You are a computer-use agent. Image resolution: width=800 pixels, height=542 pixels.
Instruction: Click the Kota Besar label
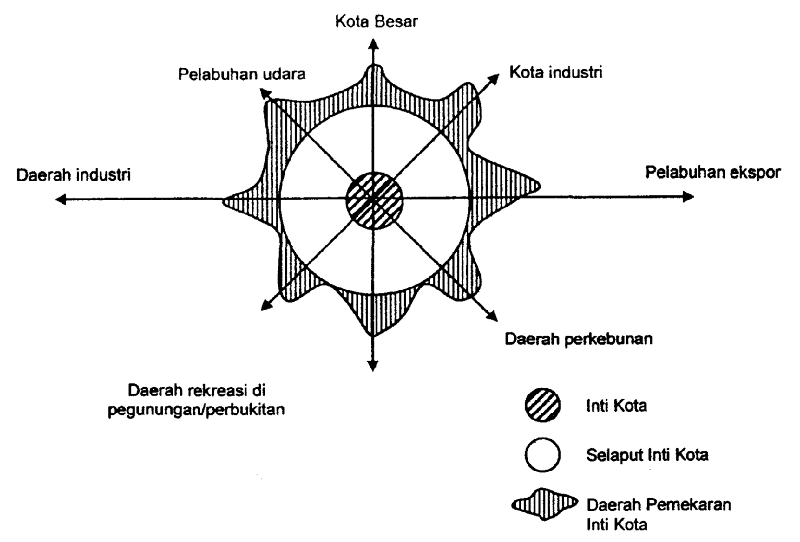(x=376, y=22)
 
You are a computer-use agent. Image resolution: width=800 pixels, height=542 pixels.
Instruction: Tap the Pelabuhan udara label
(x=241, y=74)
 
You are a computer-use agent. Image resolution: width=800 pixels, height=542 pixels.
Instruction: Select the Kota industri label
(x=555, y=72)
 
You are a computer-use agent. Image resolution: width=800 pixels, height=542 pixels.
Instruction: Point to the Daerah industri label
(x=73, y=175)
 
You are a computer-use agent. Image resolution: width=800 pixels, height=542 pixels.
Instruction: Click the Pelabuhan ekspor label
(x=712, y=173)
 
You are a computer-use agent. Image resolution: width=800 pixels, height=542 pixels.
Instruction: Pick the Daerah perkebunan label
(x=578, y=339)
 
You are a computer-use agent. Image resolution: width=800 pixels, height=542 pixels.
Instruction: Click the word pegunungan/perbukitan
(x=196, y=410)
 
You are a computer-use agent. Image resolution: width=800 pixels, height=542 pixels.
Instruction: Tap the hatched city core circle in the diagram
(x=374, y=200)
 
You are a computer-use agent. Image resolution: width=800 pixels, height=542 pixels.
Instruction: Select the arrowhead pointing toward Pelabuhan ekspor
(x=688, y=196)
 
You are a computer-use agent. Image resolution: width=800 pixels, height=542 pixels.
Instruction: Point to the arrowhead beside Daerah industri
(x=61, y=199)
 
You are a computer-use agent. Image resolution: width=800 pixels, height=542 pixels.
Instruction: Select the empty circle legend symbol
(x=542, y=454)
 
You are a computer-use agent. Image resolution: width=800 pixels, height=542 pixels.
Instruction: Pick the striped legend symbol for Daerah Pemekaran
(x=544, y=504)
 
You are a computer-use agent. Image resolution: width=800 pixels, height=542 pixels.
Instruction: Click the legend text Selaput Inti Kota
(x=647, y=455)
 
